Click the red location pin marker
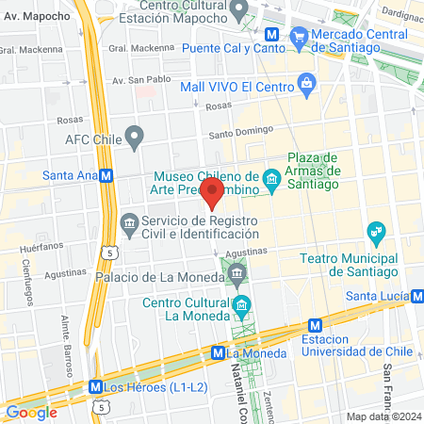(213, 194)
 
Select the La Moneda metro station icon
(219, 352)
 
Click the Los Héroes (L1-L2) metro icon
(95, 386)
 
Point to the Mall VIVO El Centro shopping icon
(307, 83)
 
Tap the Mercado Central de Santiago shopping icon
(300, 37)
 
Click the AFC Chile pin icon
(135, 139)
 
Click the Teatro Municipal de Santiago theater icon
(376, 231)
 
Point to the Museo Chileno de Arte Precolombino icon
(272, 176)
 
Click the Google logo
(31, 412)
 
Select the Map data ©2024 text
(382, 416)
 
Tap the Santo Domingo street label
(240, 132)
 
